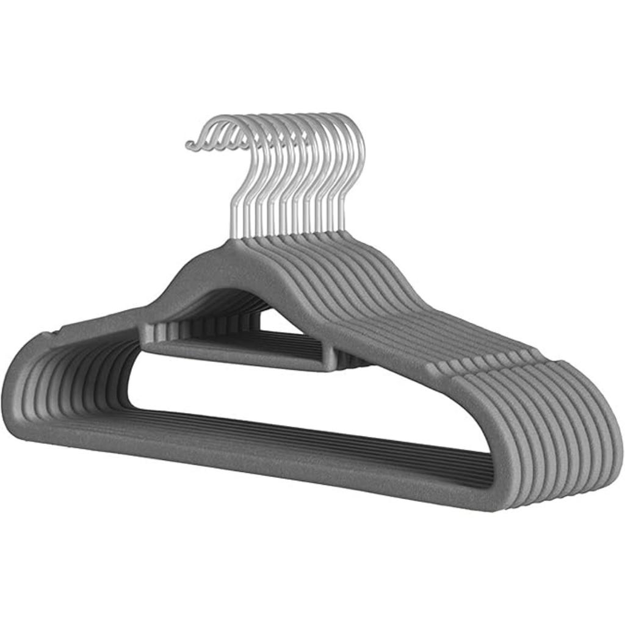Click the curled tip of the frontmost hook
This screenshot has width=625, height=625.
click(190, 145)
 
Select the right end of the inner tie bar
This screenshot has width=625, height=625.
click(330, 360)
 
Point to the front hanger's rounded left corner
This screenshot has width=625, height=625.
click(24, 397)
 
